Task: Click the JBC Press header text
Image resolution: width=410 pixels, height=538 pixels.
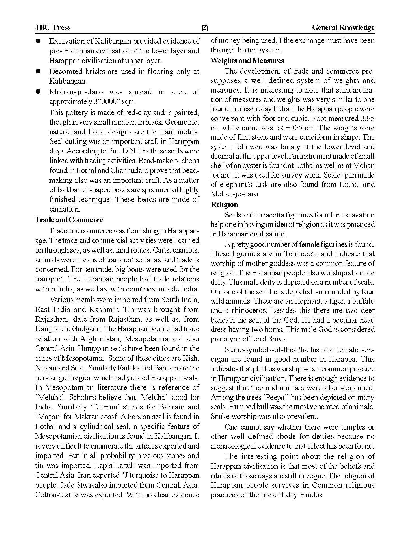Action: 53,27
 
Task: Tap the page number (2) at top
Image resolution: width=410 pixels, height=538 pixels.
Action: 205,28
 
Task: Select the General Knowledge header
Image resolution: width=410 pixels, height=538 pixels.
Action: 343,27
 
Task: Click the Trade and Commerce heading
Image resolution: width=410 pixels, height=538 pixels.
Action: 69,220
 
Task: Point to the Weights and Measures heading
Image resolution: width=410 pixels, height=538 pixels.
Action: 247,61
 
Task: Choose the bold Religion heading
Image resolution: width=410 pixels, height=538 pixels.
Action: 224,204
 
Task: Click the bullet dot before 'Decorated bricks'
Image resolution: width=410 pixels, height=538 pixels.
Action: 38,71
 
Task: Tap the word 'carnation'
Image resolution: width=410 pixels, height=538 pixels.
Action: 64,209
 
